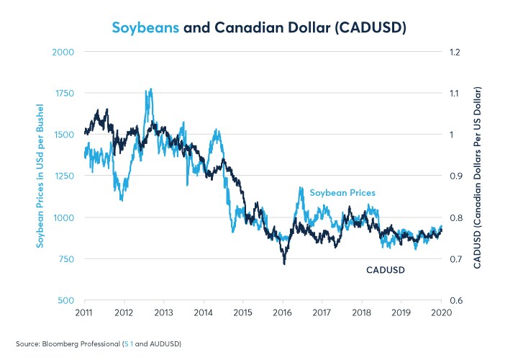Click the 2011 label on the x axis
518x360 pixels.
tap(85, 312)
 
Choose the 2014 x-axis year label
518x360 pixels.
tap(204, 312)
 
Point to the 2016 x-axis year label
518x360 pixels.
tap(283, 312)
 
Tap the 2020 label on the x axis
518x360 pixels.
tap(441, 312)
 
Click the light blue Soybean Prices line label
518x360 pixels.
tap(342, 193)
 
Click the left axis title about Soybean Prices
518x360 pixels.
tap(41, 176)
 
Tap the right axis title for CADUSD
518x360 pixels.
tap(478, 177)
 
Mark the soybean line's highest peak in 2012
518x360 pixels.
tap(150, 89)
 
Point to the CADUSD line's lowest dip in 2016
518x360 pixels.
tap(284, 264)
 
